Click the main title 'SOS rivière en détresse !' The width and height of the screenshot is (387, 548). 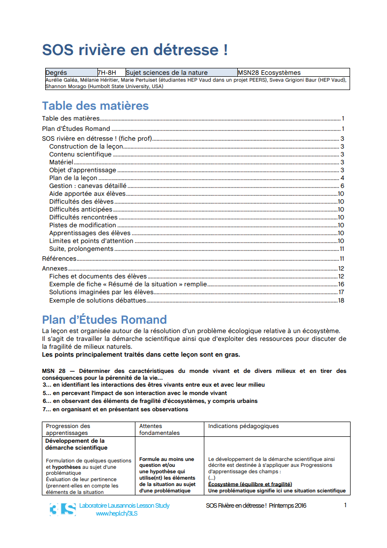(x=134, y=50)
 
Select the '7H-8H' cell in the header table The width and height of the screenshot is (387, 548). (x=107, y=72)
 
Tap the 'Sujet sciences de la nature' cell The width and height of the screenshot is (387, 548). (x=167, y=72)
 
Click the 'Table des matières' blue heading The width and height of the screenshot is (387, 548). (x=95, y=106)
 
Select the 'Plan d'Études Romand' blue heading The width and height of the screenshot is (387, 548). (x=104, y=320)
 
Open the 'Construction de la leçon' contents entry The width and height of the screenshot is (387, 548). (x=86, y=147)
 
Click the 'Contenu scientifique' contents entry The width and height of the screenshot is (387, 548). (x=80, y=154)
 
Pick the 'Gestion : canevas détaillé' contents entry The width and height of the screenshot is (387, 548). (x=88, y=186)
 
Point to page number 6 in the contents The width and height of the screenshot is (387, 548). (x=342, y=186)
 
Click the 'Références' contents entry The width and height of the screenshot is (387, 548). (x=59, y=259)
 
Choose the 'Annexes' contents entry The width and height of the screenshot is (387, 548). (x=55, y=269)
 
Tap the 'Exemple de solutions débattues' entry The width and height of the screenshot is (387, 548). (x=97, y=300)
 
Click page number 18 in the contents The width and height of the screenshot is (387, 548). (x=341, y=300)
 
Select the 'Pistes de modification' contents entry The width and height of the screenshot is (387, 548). (x=83, y=225)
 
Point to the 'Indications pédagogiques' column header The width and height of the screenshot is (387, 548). (x=243, y=426)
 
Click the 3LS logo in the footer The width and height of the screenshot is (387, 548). (x=63, y=509)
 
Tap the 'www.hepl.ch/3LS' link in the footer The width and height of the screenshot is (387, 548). (x=116, y=513)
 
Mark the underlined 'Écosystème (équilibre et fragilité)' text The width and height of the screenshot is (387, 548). (x=250, y=484)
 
